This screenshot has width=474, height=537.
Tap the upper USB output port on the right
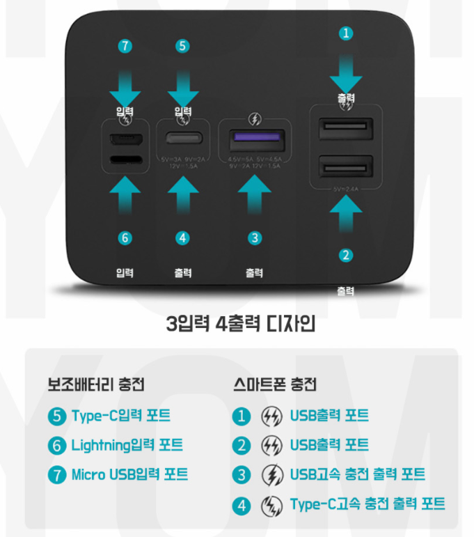pos(346,129)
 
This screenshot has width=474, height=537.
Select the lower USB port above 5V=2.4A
pos(346,167)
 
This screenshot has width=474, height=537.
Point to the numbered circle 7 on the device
pos(125,47)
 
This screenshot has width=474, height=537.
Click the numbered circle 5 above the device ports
pos(183,47)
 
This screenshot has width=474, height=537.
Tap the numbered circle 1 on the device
pos(346,32)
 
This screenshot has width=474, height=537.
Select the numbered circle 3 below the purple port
pos(255,238)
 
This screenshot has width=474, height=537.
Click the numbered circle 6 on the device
pos(125,238)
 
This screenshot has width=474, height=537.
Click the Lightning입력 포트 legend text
pos(127,445)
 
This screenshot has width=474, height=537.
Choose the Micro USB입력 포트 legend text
pos(129,475)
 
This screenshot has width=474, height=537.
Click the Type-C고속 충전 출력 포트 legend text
pos(368,504)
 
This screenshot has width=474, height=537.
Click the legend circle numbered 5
pos(56,417)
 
